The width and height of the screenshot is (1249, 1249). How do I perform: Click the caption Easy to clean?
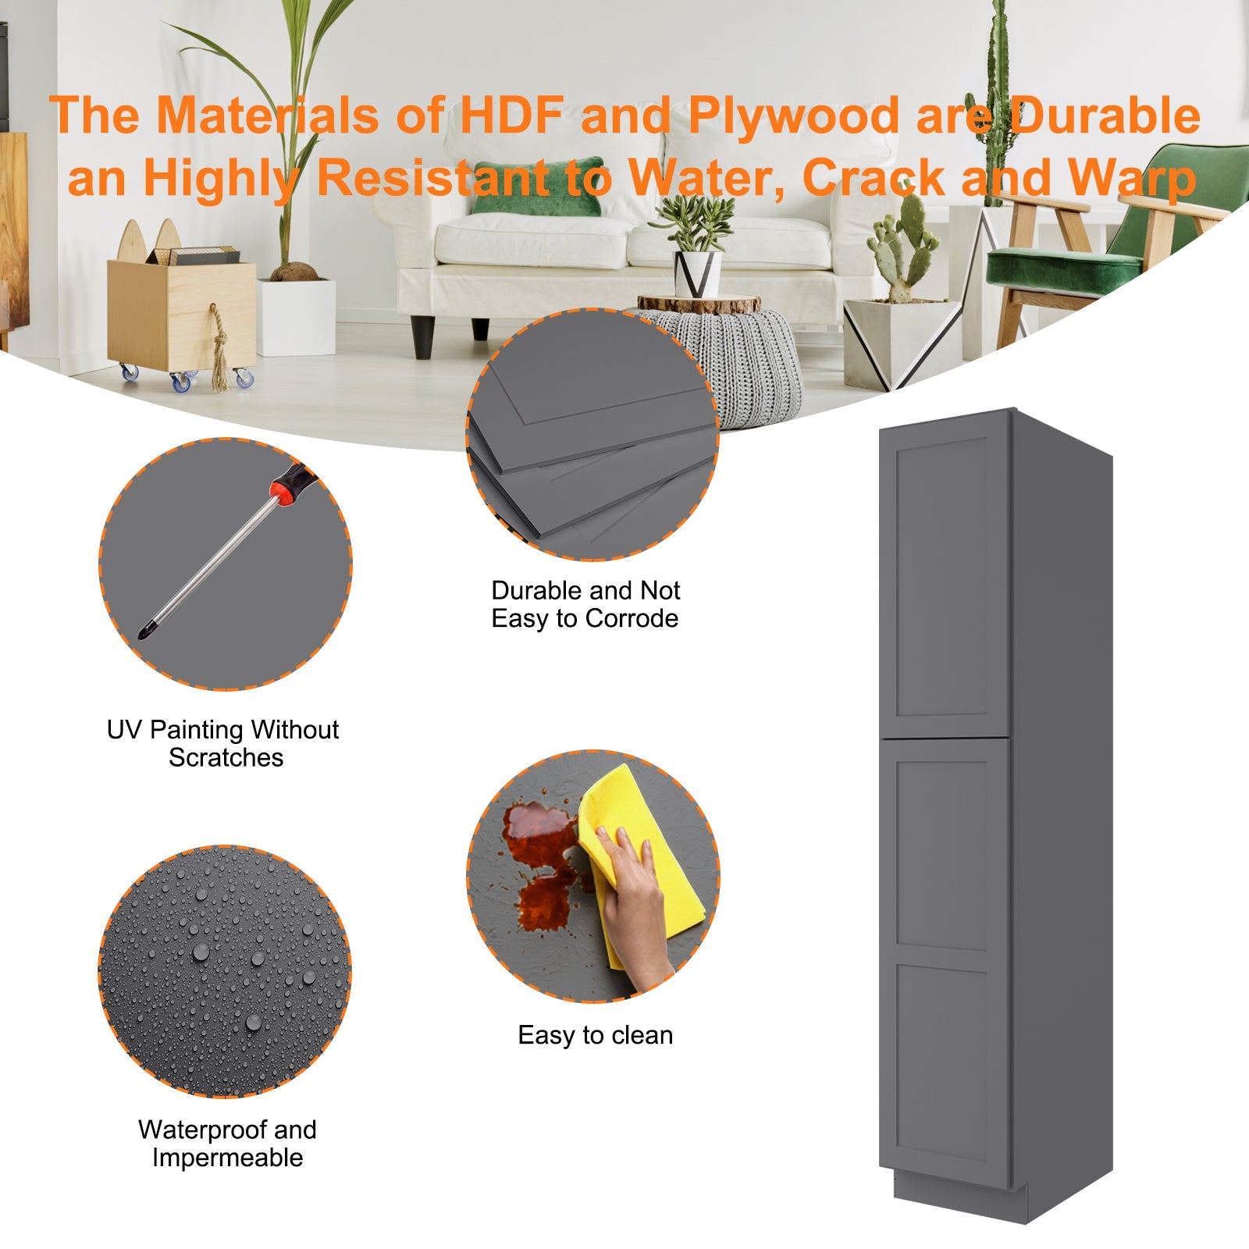[596, 1035]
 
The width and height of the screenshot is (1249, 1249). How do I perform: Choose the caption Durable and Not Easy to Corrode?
[585, 604]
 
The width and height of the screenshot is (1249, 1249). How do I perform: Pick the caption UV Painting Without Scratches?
[223, 743]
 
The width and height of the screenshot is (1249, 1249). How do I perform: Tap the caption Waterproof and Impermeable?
[227, 1143]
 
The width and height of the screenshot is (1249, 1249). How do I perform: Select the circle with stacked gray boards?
[592, 434]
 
